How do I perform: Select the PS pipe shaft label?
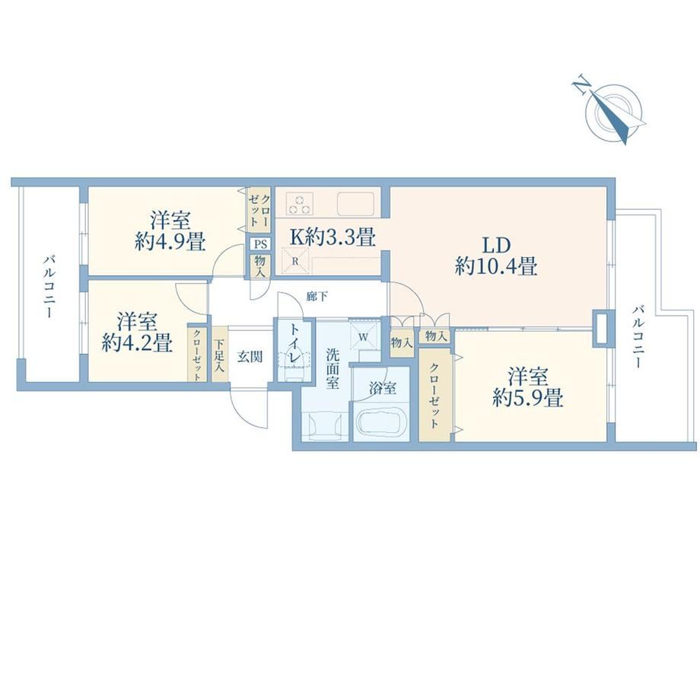(x=260, y=244)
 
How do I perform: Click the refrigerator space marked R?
(x=295, y=262)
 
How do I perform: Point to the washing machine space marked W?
(x=364, y=337)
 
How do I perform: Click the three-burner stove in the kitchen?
(x=300, y=204)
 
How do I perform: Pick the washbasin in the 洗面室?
(x=325, y=425)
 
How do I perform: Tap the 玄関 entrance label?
(x=249, y=357)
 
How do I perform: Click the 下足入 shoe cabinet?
(x=219, y=355)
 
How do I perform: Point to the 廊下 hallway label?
(x=317, y=296)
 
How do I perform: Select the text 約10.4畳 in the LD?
(x=496, y=267)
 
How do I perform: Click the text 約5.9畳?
(x=528, y=397)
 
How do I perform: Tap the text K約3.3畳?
(x=332, y=237)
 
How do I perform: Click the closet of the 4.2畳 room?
(x=196, y=353)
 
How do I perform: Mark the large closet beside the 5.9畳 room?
(x=436, y=396)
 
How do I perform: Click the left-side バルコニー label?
(x=49, y=287)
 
